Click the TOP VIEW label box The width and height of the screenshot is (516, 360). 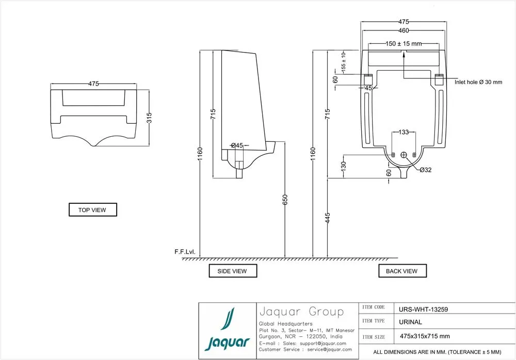(x=93, y=209)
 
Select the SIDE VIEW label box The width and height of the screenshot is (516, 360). (x=233, y=271)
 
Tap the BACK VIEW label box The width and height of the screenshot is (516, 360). (x=402, y=271)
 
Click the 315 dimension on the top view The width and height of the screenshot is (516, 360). (x=149, y=118)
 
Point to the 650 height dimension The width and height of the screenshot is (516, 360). (x=285, y=200)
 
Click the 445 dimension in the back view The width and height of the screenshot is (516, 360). (x=328, y=218)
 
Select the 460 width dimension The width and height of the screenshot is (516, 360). (x=404, y=30)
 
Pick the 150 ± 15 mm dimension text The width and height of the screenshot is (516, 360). (x=404, y=43)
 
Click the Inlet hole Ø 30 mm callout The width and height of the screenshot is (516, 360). (x=478, y=82)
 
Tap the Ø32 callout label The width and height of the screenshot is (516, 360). (x=426, y=170)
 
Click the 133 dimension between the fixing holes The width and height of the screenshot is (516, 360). (x=404, y=132)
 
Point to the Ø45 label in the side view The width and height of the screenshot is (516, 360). (x=237, y=145)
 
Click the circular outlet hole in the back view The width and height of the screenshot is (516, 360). (x=404, y=155)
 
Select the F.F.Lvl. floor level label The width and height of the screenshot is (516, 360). (x=185, y=252)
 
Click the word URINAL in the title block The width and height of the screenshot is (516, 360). (x=410, y=322)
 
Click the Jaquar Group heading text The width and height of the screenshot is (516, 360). (x=301, y=312)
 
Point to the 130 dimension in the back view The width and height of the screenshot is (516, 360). (x=344, y=166)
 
